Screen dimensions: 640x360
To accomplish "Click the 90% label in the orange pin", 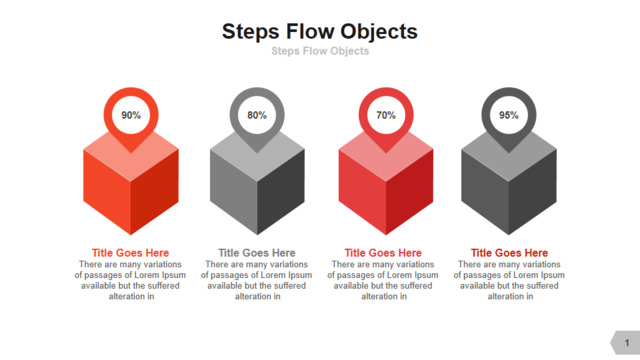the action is [x=131, y=115].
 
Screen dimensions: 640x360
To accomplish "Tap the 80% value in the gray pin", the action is [x=257, y=115].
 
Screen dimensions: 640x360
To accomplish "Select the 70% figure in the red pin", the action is [x=386, y=115].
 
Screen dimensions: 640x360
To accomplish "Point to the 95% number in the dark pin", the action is [x=509, y=115].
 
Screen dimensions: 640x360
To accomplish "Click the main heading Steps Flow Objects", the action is [x=320, y=32].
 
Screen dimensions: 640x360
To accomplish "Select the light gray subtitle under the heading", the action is [x=320, y=51].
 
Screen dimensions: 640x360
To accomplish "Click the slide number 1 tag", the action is [x=625, y=342].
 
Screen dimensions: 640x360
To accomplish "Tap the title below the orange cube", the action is [x=130, y=253].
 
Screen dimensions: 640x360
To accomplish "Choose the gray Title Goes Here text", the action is [x=257, y=253].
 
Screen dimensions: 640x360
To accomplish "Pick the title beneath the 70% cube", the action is [x=383, y=253].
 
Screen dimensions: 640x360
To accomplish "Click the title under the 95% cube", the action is [x=509, y=253].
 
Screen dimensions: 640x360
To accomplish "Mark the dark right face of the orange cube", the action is [x=155, y=192].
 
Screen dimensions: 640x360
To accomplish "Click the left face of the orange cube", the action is [x=107, y=192].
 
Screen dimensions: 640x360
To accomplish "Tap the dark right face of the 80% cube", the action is [x=281, y=192].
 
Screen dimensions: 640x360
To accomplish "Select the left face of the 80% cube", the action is [x=233, y=192].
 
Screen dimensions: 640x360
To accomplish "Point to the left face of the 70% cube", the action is [x=362, y=192].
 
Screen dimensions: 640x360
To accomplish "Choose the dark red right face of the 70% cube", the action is [x=409, y=192].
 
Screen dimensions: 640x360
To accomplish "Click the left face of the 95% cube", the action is [x=485, y=192].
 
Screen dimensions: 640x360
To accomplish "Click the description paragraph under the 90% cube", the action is [x=130, y=280].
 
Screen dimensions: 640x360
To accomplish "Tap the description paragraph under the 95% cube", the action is [x=509, y=280].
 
